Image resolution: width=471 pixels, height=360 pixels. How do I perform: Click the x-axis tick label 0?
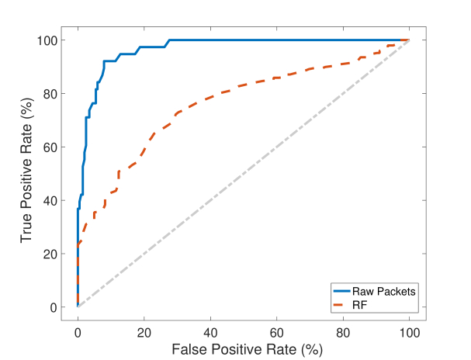[78, 332]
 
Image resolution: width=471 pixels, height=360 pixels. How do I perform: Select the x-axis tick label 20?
[144, 332]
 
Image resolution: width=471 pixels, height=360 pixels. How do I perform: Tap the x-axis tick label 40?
[210, 332]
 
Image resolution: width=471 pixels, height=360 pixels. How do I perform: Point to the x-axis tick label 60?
[276, 332]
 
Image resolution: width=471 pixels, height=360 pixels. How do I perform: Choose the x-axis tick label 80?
[343, 332]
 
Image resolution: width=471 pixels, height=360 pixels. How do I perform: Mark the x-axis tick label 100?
[409, 332]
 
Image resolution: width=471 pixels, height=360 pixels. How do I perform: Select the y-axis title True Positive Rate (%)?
[27, 174]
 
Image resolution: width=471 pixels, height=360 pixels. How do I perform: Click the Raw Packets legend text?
[386, 291]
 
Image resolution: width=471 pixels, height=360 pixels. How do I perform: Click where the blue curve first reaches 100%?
[168, 40]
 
